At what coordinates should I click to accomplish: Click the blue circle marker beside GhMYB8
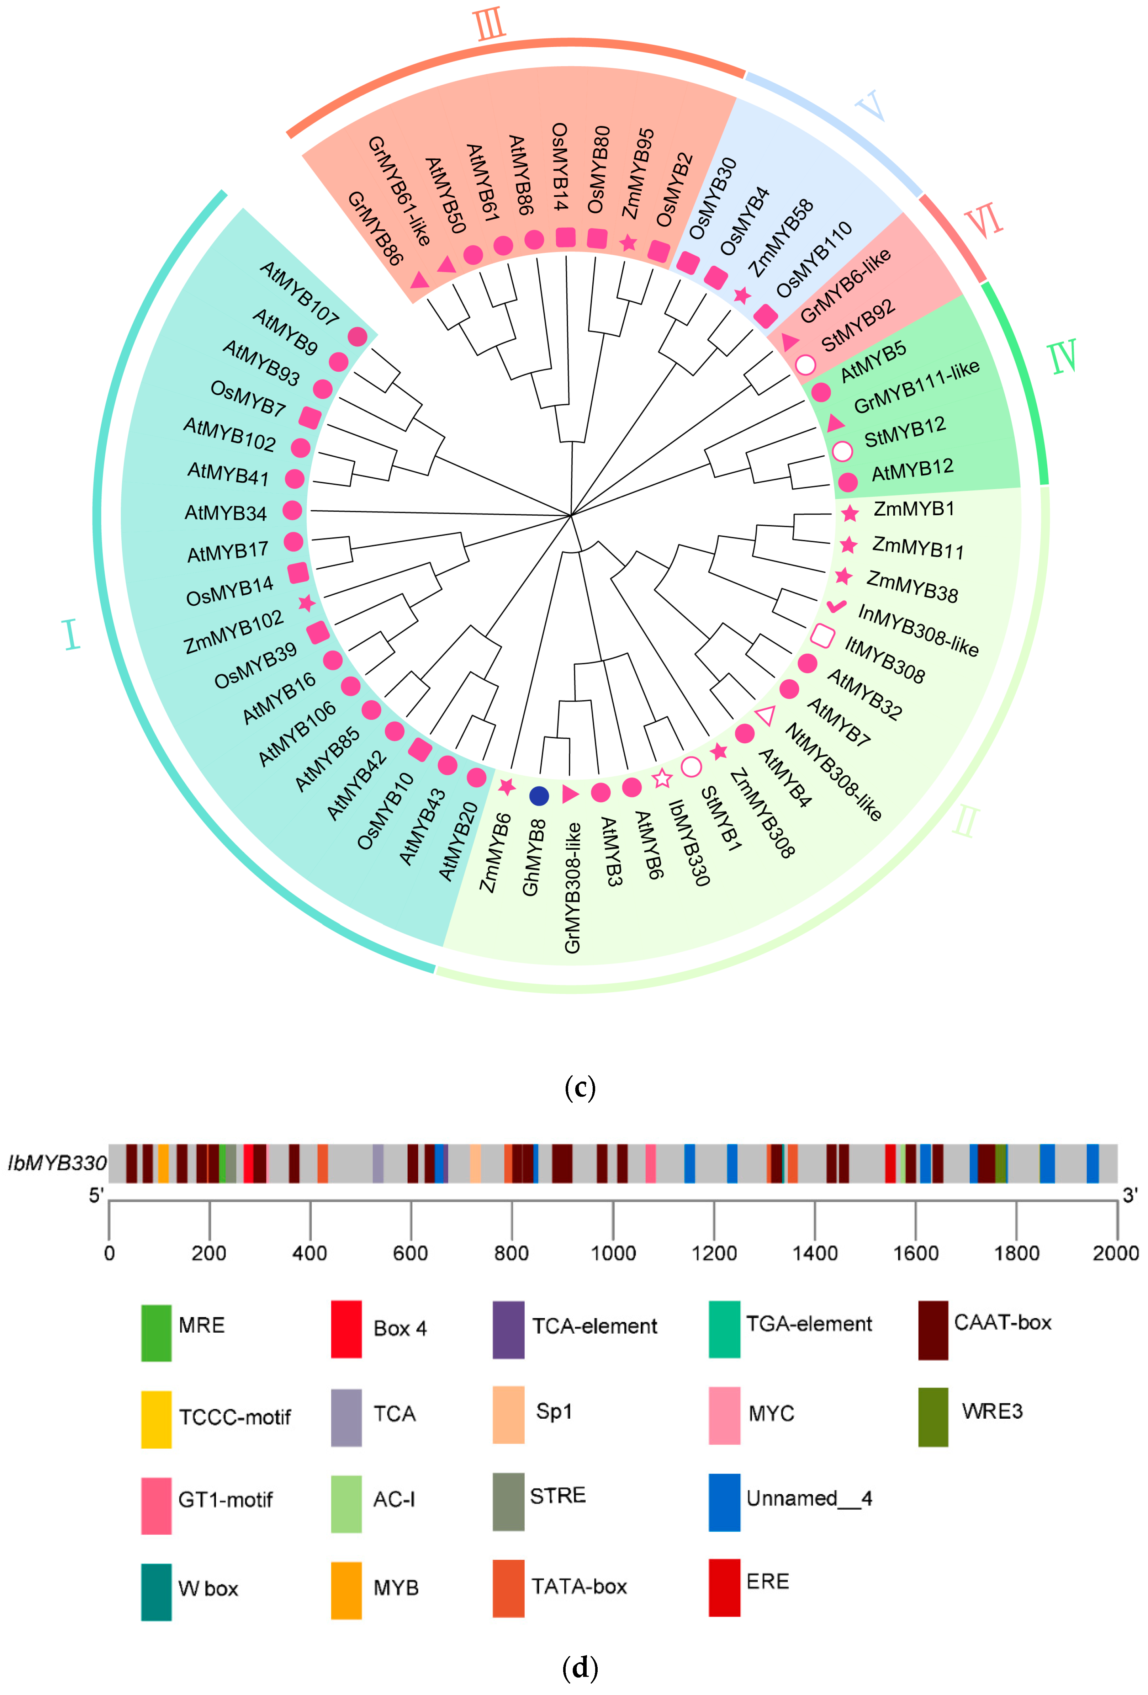coord(539,796)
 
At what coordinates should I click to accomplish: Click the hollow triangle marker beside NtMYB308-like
coord(765,716)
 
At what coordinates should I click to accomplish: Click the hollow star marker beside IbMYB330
coord(662,778)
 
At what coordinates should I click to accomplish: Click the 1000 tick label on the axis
coord(613,1253)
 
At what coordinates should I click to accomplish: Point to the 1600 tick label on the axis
coord(916,1253)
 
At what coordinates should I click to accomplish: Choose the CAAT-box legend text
coord(1002,1322)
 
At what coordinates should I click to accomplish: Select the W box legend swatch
coord(156,1592)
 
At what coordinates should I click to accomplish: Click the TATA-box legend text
coord(579,1586)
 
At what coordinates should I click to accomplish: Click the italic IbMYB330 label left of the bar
coord(57,1163)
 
